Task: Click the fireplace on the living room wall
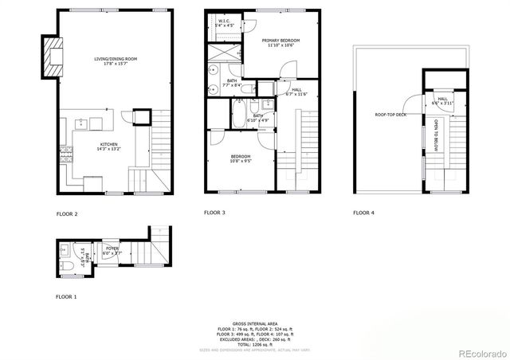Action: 53,57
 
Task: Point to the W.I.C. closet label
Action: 225,22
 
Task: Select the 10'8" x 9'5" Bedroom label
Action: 241,158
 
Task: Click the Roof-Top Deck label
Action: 390,115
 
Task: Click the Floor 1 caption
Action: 67,296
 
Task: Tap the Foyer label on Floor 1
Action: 112,251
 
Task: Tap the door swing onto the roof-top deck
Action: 410,102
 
